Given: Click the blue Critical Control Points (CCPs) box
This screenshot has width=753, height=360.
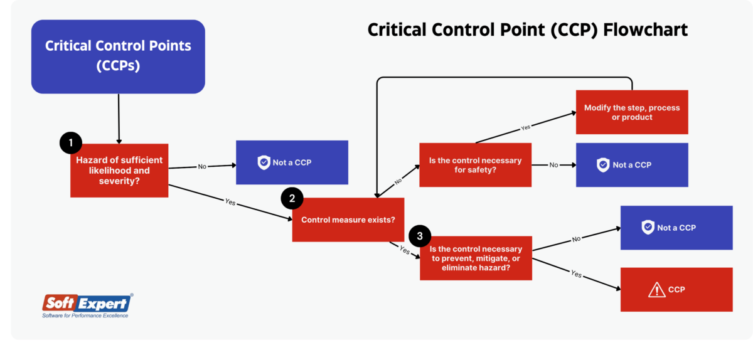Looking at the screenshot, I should point(118,56).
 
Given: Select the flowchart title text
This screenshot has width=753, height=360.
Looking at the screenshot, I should point(527,30).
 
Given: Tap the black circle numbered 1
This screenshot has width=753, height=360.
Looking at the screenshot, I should point(71,143).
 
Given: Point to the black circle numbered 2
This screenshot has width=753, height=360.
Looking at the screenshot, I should point(292,199).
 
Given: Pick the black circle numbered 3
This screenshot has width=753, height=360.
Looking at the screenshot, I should point(420,236).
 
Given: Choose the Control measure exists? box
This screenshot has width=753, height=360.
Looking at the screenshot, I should point(348,220).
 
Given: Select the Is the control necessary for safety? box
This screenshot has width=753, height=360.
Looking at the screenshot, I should point(475,165).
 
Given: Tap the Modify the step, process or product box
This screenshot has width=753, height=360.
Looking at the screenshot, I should point(632,112).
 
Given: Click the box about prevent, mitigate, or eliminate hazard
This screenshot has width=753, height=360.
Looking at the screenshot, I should point(476,258).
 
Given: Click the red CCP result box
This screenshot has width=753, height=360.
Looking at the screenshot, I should point(676,290).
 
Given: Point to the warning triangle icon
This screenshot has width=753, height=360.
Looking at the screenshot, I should point(656,290).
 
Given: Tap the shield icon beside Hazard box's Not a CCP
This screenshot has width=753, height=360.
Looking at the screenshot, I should point(264,162).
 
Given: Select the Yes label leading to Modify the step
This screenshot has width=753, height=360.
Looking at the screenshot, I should point(526,127).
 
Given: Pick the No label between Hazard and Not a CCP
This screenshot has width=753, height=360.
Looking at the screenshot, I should point(202,167).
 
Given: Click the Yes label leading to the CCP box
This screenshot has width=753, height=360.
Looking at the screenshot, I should point(576,274).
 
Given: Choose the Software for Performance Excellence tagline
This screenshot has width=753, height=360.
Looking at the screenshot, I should point(85,316).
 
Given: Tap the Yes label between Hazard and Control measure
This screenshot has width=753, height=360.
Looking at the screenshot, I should point(230,203).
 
